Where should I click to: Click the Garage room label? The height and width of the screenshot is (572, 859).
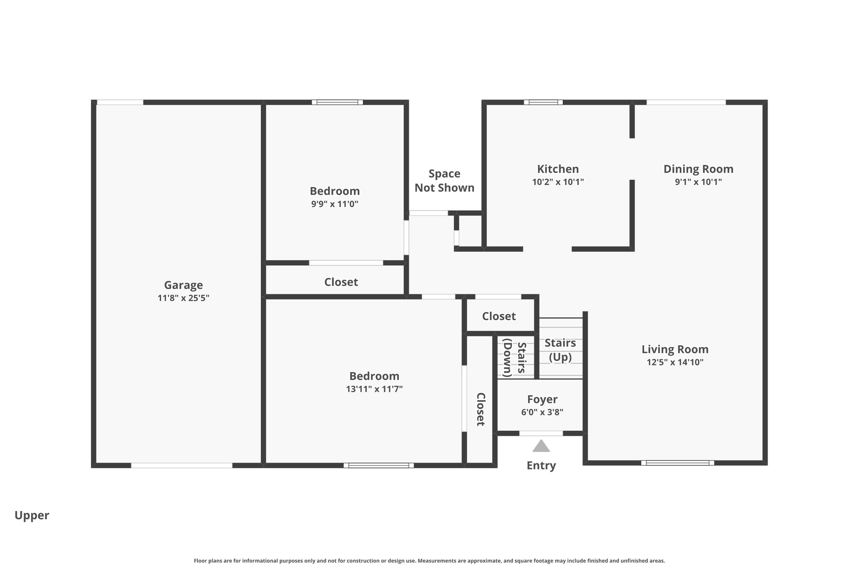pyautogui.click(x=183, y=285)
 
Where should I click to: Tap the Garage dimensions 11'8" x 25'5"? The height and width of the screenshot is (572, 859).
pyautogui.click(x=183, y=298)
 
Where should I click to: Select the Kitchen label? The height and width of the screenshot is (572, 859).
pyautogui.click(x=558, y=169)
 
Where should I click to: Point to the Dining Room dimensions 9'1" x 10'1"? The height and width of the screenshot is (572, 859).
pyautogui.click(x=698, y=182)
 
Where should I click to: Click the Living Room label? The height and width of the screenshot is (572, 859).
pyautogui.click(x=675, y=349)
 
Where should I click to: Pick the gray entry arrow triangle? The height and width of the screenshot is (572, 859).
pyautogui.click(x=541, y=446)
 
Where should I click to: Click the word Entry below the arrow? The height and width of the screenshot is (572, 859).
pyautogui.click(x=541, y=466)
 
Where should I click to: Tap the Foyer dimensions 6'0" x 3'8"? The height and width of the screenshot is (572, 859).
pyautogui.click(x=542, y=412)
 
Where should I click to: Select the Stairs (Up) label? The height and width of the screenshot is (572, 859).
pyautogui.click(x=560, y=350)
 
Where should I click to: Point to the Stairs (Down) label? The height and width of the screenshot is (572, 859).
pyautogui.click(x=515, y=357)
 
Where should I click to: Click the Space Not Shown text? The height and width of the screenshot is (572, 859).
pyautogui.click(x=445, y=181)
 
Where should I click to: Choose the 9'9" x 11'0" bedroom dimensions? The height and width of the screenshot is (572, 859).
pyautogui.click(x=335, y=204)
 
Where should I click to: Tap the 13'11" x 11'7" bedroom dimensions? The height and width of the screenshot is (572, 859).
pyautogui.click(x=374, y=389)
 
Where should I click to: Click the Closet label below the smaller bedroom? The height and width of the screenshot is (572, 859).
pyautogui.click(x=341, y=282)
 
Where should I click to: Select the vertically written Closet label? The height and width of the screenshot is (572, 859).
pyautogui.click(x=481, y=409)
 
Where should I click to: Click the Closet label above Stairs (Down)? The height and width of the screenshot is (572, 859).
pyautogui.click(x=499, y=316)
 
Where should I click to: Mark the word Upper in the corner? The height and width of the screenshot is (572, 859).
pyautogui.click(x=32, y=516)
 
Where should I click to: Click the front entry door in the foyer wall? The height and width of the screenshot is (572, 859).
pyautogui.click(x=541, y=433)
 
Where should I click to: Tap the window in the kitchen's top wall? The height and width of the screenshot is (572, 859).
pyautogui.click(x=543, y=102)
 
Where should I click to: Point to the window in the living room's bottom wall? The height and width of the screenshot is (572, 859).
pyautogui.click(x=677, y=463)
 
